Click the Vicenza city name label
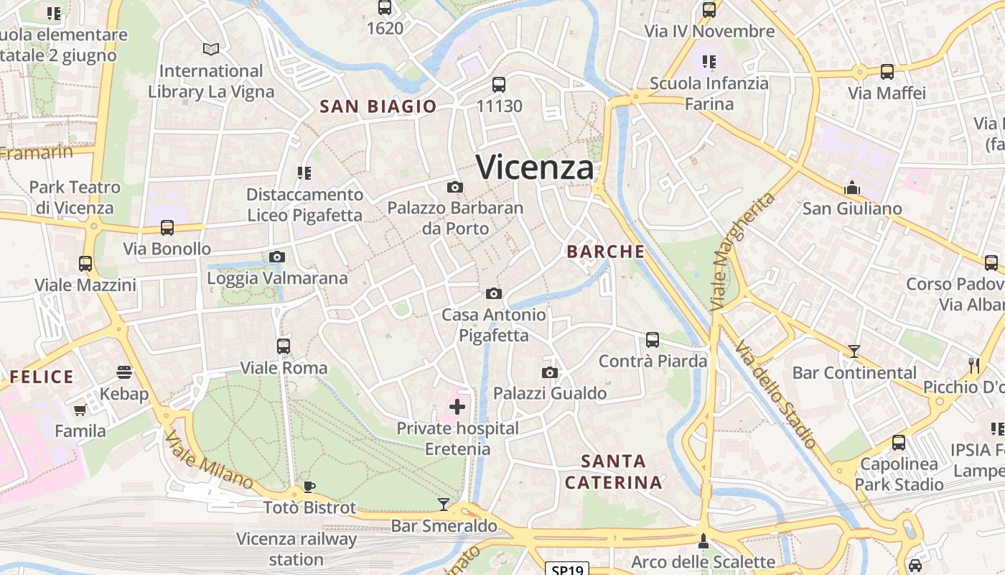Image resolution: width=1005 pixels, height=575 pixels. [536, 167]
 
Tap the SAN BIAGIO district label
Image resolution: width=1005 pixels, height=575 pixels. [378, 106]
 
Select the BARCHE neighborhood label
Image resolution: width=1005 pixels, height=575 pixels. [605, 252]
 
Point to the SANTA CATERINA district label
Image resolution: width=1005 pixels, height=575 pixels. [613, 471]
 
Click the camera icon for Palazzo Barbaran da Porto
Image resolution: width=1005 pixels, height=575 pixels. [454, 188]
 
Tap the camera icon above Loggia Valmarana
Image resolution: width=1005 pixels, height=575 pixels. [277, 257]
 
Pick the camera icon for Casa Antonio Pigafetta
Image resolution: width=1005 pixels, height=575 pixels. [493, 293]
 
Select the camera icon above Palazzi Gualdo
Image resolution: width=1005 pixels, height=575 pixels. [550, 372]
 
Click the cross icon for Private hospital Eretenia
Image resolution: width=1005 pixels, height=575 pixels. [457, 408]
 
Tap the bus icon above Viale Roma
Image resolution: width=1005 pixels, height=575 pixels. [284, 346]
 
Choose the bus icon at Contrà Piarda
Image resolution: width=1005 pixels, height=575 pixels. [653, 340]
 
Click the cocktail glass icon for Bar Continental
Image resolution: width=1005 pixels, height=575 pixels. [854, 351]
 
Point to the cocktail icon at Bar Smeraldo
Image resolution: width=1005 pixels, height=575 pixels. [444, 505]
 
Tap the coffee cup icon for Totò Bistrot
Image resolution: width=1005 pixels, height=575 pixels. [309, 487]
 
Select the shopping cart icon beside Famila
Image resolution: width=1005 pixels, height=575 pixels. [80, 410]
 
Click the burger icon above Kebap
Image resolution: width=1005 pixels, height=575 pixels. [124, 372]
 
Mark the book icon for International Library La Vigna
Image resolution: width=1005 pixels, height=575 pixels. [211, 49]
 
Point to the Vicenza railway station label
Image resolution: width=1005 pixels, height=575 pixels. [296, 549]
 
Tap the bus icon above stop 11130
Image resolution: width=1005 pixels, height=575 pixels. [499, 85]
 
